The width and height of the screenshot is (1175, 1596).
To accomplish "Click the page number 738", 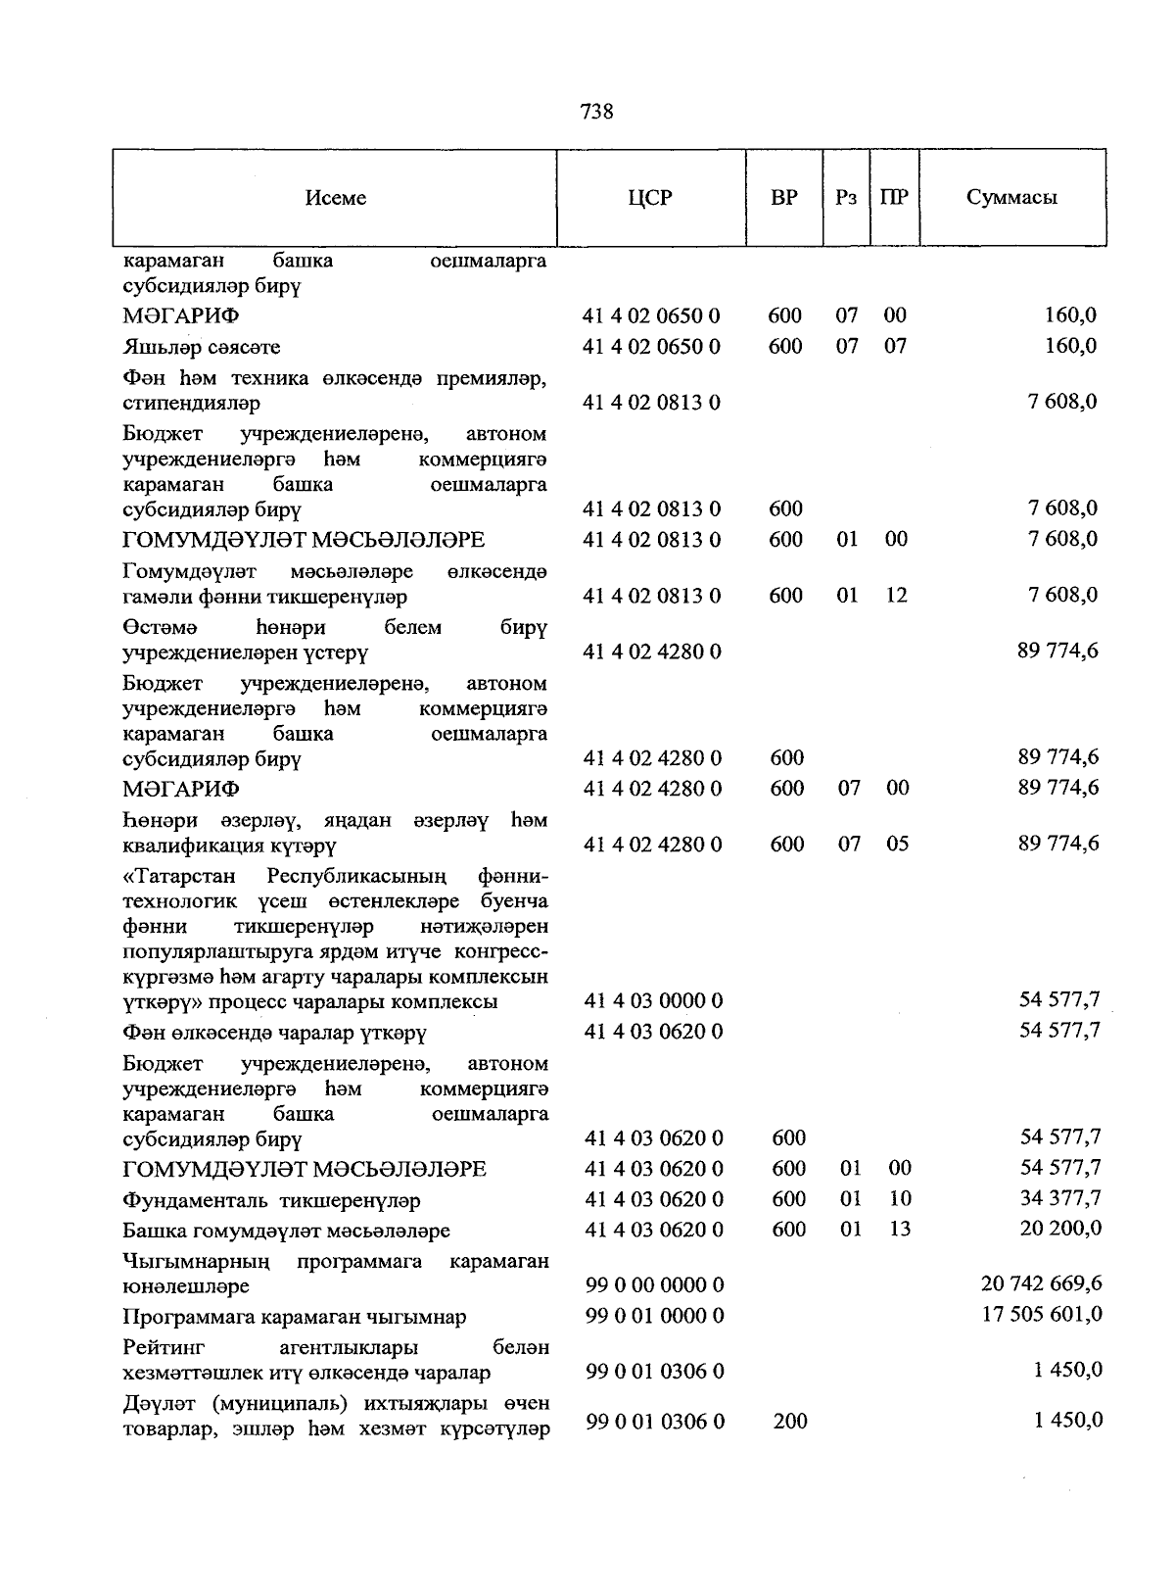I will click(596, 112).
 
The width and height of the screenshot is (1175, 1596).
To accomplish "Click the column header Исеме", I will click(336, 198).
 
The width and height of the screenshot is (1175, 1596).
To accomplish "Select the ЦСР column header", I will click(650, 198).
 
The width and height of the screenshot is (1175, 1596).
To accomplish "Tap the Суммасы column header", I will click(1011, 197).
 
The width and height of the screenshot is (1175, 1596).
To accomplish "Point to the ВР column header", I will click(783, 198).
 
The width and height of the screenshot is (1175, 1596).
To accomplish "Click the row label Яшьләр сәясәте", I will click(202, 347).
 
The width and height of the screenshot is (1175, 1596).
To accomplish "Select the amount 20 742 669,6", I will click(1041, 1283).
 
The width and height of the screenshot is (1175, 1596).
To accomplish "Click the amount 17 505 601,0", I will click(1042, 1315).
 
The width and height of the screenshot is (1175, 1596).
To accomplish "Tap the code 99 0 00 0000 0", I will click(654, 1284).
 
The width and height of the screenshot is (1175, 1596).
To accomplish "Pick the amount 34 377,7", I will click(1060, 1198).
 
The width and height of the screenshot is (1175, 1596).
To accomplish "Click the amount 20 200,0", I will click(1060, 1229).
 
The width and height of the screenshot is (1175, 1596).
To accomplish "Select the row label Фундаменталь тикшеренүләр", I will click(271, 1200).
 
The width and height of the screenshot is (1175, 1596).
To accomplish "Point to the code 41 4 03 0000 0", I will click(653, 1000).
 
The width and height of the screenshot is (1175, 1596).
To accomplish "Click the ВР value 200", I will click(789, 1421).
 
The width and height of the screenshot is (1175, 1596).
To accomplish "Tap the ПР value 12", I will click(895, 595).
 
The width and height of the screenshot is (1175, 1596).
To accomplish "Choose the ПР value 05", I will click(897, 844).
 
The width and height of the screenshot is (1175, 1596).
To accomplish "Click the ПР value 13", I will click(899, 1229).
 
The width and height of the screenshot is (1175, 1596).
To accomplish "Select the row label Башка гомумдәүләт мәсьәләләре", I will click(286, 1231).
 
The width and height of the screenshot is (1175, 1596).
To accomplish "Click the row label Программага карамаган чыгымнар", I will click(295, 1317).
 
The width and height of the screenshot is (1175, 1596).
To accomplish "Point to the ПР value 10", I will click(899, 1198).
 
